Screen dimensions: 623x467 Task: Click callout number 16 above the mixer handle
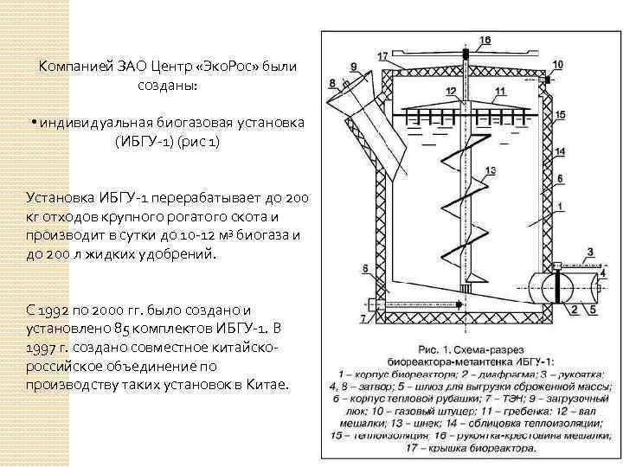pos(485,40)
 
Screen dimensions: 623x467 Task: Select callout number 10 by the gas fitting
pos(557,66)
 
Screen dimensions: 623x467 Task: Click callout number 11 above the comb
pos(499,91)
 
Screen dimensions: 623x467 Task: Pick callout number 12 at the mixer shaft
pos(450,91)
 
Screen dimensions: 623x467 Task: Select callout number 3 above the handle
pos(591,253)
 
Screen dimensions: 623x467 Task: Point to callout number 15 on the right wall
pos(561,114)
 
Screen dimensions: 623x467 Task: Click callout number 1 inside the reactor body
pos(560,206)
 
